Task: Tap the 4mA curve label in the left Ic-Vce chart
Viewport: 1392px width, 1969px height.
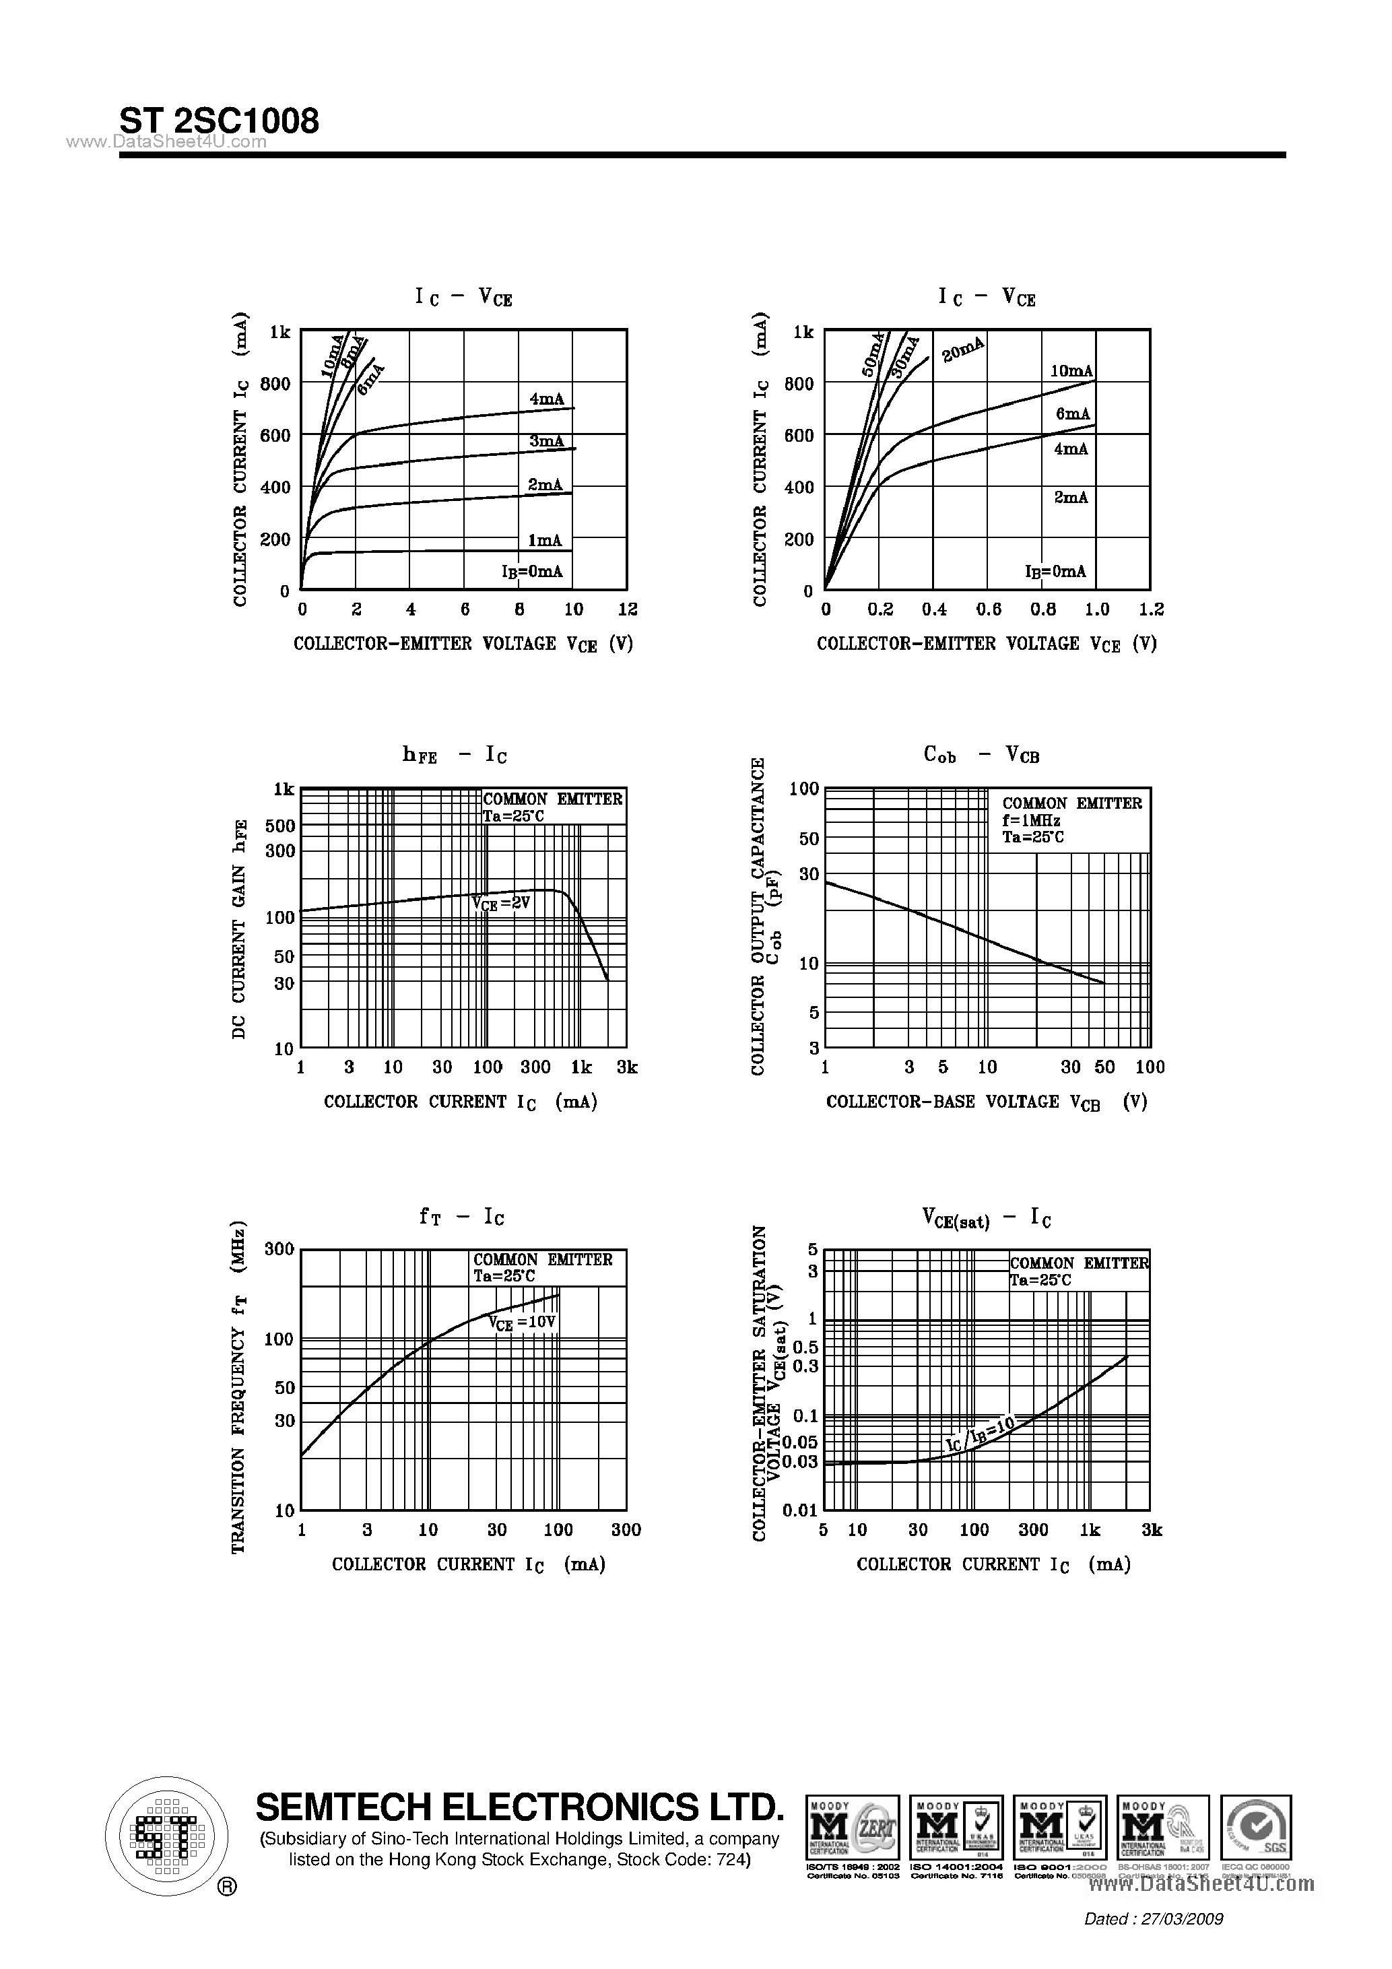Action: tap(546, 399)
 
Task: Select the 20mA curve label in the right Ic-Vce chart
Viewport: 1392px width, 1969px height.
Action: tap(962, 350)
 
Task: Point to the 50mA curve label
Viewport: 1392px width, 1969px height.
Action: tap(872, 355)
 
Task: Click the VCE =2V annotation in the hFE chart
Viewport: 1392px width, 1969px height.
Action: tap(501, 903)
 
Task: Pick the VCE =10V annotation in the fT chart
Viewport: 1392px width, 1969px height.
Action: tap(523, 1323)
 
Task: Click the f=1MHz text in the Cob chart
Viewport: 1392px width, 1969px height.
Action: tap(1031, 821)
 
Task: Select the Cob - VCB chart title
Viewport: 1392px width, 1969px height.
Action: tap(981, 755)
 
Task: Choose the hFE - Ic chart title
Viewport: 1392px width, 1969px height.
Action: tap(455, 755)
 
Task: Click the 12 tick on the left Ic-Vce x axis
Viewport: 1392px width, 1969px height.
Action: tap(628, 609)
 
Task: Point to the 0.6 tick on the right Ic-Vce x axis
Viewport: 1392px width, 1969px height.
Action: tap(988, 609)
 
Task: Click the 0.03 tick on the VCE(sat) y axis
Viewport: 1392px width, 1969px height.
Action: tap(800, 1461)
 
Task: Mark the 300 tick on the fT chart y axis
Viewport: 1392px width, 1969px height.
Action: tap(279, 1250)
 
